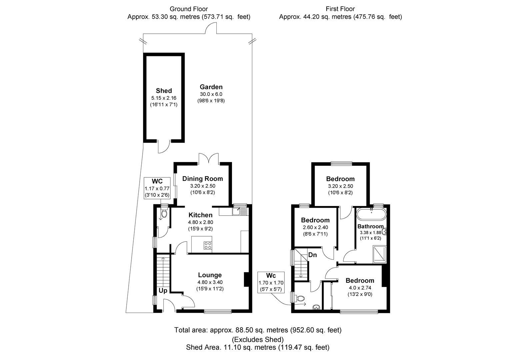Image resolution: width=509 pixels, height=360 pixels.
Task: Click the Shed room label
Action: pos(164,91)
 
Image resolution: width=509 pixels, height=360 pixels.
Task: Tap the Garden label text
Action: pos(211,87)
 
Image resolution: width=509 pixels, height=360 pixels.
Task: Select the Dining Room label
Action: pos(202,179)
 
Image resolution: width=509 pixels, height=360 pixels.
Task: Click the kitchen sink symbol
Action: pos(239,211)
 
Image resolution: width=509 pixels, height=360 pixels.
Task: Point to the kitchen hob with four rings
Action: pos(208,245)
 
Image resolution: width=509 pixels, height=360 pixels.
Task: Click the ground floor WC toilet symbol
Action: pos(164,213)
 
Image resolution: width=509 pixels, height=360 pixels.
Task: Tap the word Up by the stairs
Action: pos(163,291)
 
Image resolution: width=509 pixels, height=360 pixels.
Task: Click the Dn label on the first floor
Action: pos(312,255)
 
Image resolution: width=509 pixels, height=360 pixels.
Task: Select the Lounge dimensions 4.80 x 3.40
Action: pos(210,282)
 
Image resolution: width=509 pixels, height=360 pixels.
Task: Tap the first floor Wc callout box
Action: pos(271,282)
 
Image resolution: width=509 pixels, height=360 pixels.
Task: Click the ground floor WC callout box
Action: pos(157,188)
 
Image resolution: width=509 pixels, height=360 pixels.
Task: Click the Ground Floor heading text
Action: pos(189,9)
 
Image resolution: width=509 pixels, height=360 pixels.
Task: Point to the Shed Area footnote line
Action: pos(258,348)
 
